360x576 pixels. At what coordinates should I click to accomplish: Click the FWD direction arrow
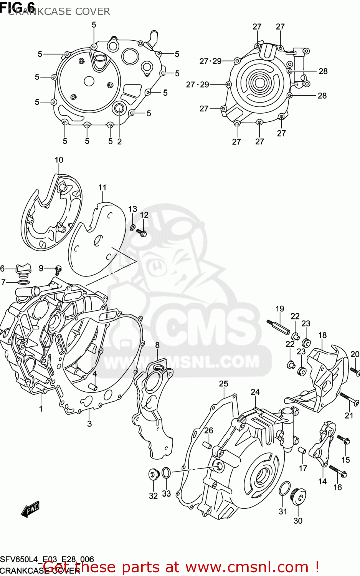pos(31,510)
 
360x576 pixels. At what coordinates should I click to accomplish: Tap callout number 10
pos(59,160)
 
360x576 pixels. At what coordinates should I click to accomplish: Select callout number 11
pos(102,187)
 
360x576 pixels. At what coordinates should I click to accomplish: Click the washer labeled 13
pos(132,228)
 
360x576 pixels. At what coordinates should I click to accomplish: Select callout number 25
pos(224,383)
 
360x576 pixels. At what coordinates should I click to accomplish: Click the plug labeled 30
pos(299,496)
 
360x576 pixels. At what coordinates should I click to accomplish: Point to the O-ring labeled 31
pos(284,488)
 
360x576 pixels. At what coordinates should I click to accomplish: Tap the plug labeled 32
pos(154,474)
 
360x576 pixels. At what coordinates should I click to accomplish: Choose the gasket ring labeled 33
pos(166,473)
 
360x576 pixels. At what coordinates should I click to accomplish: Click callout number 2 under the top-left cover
pos(119,141)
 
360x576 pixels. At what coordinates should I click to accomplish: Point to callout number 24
pos(255,392)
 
